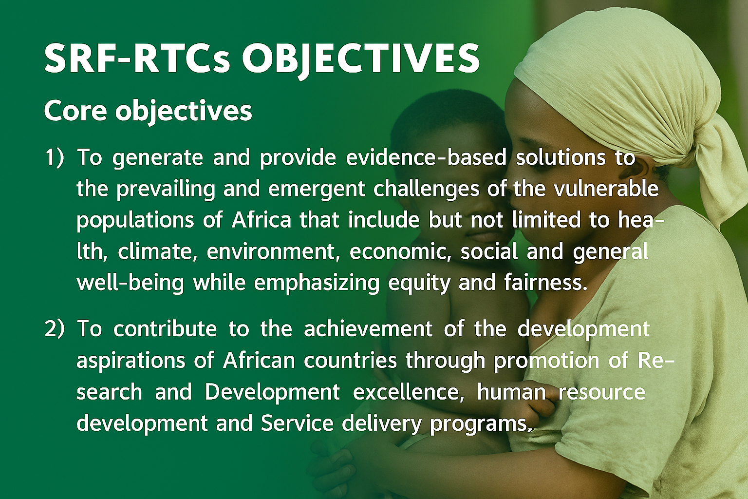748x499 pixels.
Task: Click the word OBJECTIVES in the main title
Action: tap(361, 59)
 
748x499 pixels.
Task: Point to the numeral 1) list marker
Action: tap(55, 157)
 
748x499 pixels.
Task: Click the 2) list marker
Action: tap(55, 329)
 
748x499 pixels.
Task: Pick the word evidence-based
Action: tap(426, 157)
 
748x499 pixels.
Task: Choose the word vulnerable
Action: tap(606, 189)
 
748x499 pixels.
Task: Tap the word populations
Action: tap(135, 221)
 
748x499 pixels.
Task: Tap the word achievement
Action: tap(368, 328)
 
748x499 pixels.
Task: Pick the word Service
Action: tap(297, 423)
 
